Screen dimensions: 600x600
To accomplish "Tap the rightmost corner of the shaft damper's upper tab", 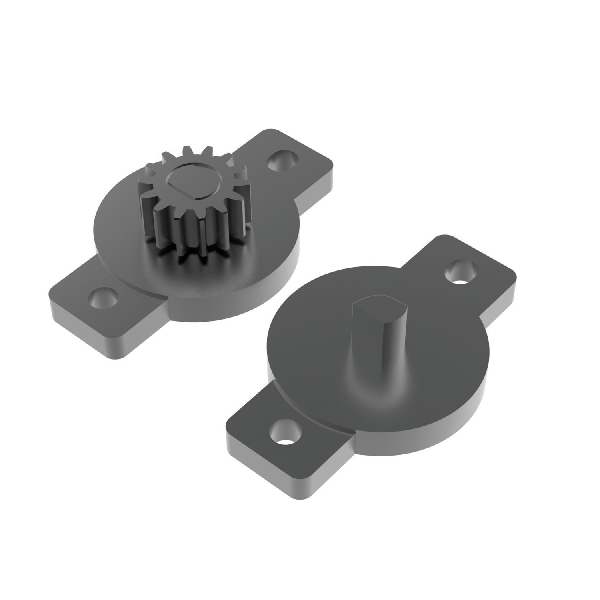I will [x=515, y=276].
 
